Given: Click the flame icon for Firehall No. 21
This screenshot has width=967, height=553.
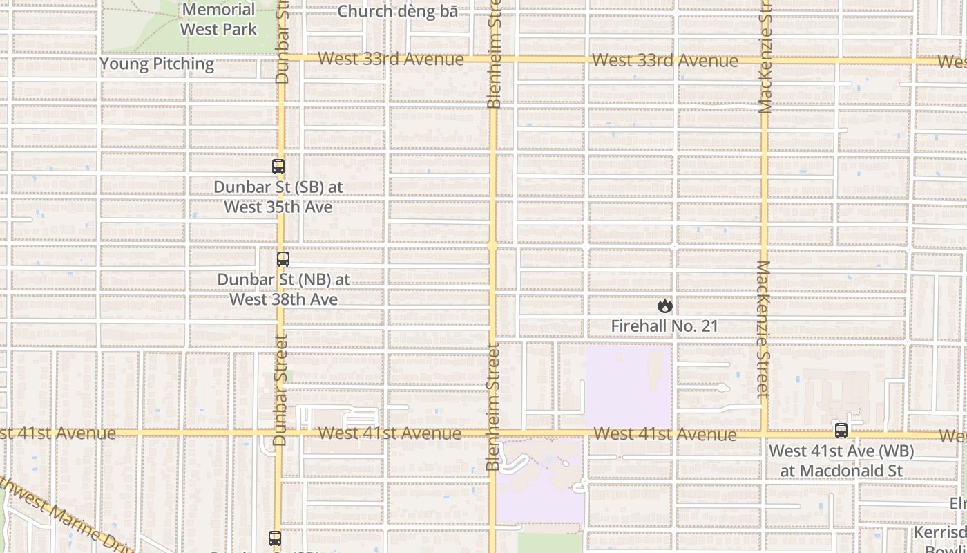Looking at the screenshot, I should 664,306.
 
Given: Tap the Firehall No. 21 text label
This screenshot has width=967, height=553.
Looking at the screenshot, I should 664,326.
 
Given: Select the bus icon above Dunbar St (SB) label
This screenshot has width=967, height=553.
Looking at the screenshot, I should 278,167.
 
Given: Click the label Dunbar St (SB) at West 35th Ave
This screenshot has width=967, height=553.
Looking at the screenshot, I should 278,197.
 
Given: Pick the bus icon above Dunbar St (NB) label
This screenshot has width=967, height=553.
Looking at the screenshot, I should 283,259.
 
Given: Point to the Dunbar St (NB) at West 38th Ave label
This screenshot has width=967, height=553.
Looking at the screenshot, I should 284,290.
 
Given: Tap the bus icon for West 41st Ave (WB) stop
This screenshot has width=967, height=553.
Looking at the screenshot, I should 841,430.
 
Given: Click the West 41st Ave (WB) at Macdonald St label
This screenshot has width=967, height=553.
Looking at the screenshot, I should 841,461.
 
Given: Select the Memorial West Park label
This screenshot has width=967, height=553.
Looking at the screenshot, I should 218,19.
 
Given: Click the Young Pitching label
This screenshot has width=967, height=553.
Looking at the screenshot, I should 157,64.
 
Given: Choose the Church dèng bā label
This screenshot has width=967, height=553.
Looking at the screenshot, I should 397,12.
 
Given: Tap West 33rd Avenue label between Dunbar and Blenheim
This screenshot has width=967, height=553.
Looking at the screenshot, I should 391,59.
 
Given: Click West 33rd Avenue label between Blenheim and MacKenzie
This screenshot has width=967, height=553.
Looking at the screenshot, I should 664,60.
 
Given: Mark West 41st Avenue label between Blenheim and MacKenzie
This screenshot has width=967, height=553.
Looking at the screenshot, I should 664,434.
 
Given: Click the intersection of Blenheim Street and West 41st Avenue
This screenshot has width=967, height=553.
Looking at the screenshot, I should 492,433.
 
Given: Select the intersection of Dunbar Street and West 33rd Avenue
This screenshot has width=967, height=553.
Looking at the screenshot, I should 281,58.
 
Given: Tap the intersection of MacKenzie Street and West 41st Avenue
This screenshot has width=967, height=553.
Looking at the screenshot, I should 764,434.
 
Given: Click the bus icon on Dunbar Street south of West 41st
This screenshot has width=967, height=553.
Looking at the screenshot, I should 275,538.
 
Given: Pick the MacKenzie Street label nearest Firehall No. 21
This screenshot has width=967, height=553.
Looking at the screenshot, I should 763,330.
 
